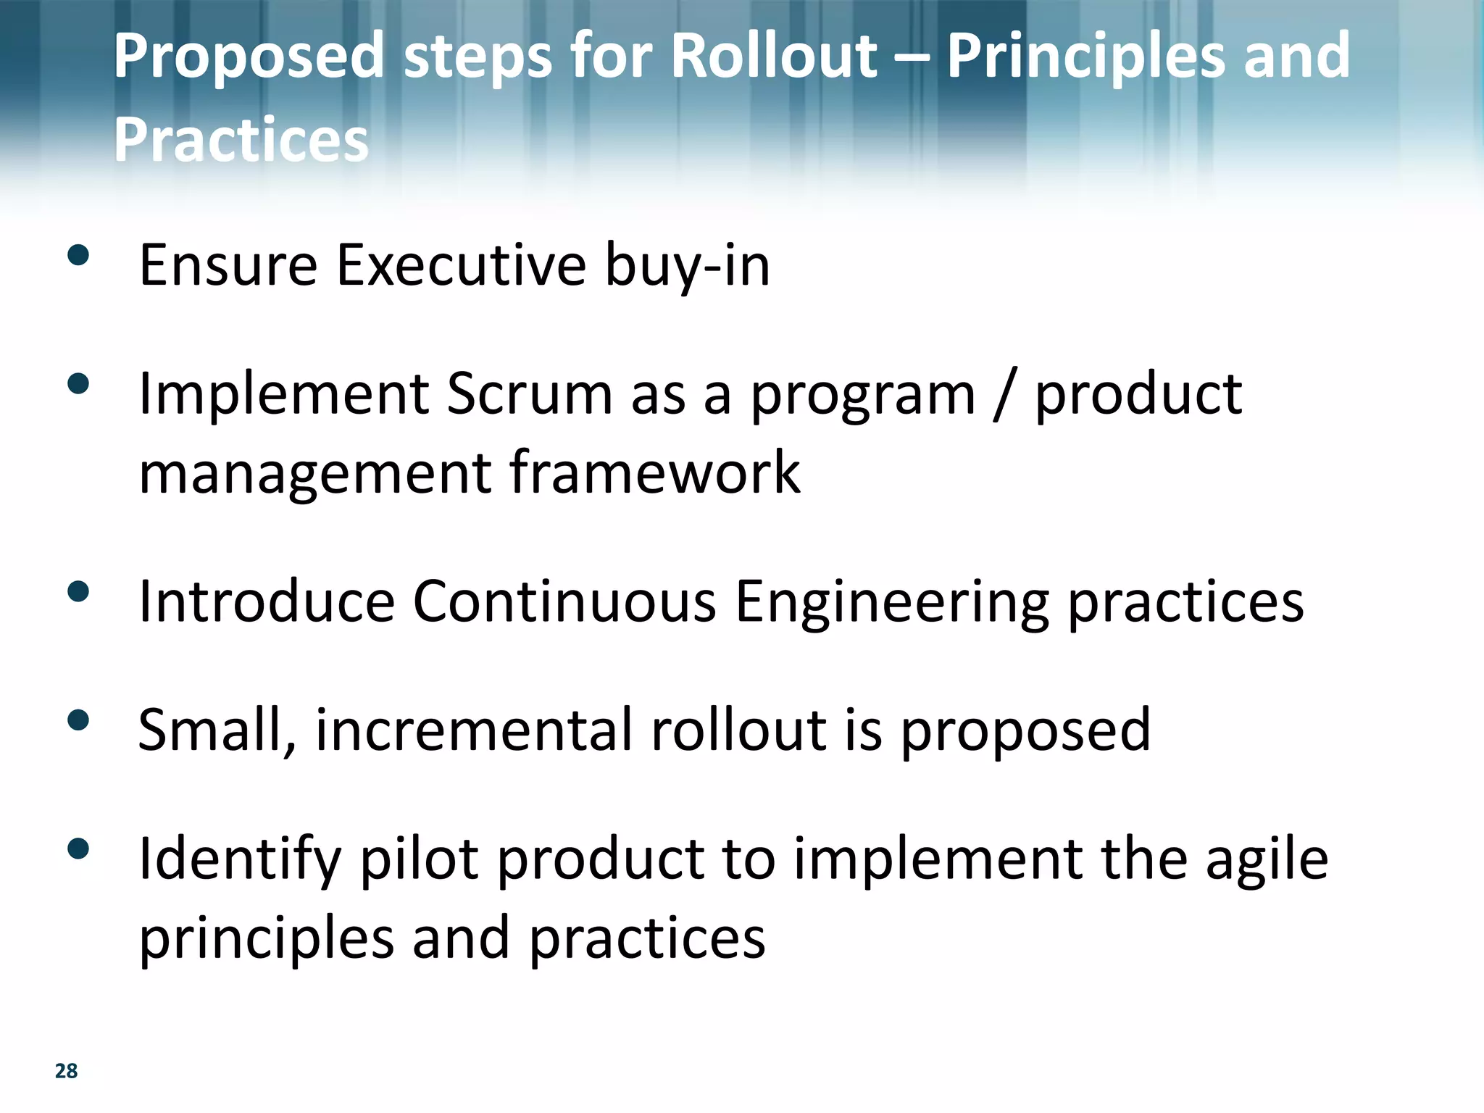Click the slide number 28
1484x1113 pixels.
[x=66, y=1070]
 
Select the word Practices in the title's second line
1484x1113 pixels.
[x=241, y=139]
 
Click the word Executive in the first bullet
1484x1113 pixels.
[x=461, y=265]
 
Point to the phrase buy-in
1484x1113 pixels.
[x=687, y=267]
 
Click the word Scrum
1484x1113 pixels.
[x=530, y=394]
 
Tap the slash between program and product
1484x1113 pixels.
[x=1004, y=396]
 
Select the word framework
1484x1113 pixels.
[x=655, y=472]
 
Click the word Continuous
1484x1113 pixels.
[x=564, y=601]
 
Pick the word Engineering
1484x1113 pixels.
[x=892, y=603]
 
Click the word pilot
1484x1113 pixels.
[x=420, y=859]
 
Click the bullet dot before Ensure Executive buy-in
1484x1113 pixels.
[x=78, y=255]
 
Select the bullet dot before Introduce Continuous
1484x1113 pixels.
[x=78, y=591]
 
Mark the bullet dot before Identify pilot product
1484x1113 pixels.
[x=78, y=849]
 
